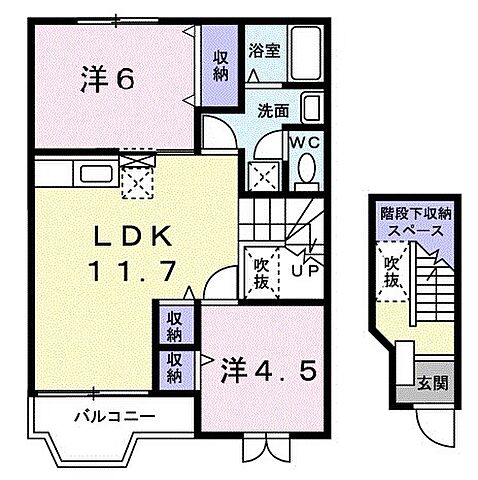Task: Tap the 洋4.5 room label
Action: coord(268,372)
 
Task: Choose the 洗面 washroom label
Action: coord(272,109)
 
